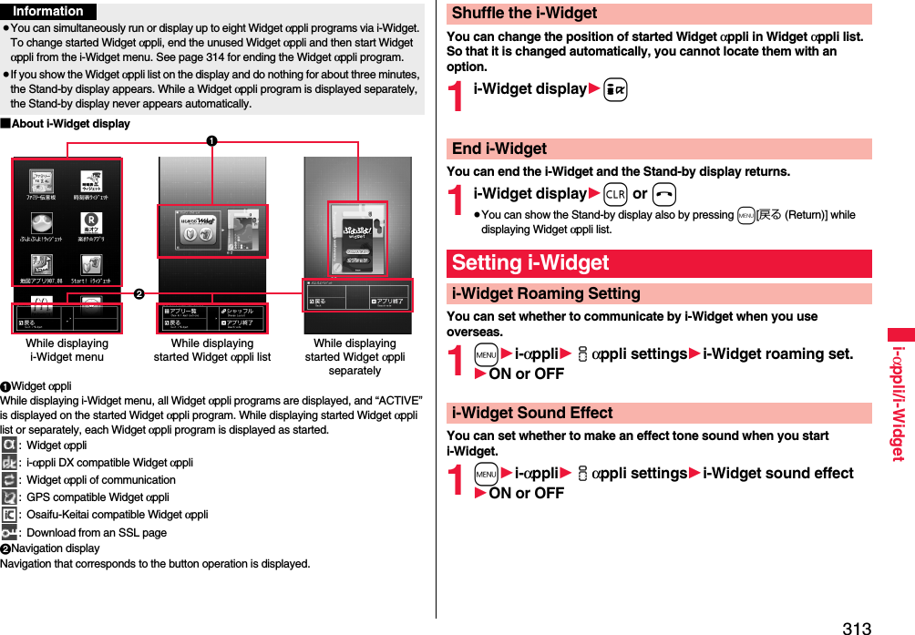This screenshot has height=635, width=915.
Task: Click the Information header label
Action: [48, 11]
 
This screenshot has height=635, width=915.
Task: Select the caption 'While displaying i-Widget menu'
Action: [67, 350]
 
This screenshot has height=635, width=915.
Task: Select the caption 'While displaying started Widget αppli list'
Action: [212, 350]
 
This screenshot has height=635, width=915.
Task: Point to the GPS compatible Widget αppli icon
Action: [9, 497]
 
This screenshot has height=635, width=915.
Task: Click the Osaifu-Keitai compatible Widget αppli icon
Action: [9, 515]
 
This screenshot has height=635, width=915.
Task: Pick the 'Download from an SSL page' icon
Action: [9, 533]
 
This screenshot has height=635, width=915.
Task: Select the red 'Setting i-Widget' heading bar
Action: [659, 263]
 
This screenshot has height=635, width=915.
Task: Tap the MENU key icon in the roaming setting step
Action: [486, 353]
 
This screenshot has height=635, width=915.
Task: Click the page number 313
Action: [857, 627]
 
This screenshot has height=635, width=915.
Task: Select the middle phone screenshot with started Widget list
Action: [212, 244]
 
